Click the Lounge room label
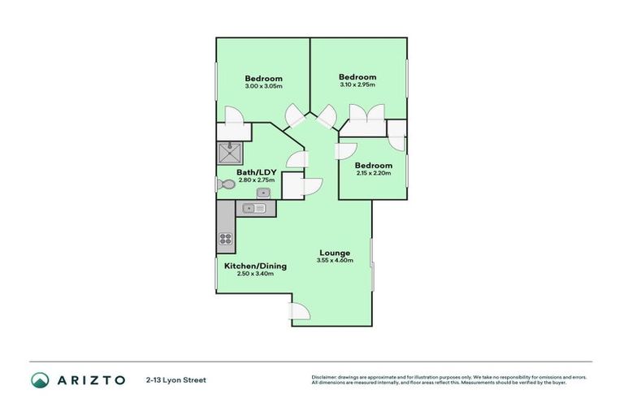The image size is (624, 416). coord(334,253)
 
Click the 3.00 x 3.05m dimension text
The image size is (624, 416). coord(263,85)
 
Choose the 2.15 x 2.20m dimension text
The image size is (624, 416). coord(374,173)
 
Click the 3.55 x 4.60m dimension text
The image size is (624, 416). coord(335,261)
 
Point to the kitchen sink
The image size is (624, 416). coord(254,209)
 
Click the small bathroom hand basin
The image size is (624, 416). coord(263,193)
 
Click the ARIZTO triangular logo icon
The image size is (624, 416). coord(41,380)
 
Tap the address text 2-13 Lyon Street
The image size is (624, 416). coord(176,380)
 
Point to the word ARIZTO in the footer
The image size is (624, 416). coord(92,380)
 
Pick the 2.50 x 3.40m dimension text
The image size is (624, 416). coord(249,274)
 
